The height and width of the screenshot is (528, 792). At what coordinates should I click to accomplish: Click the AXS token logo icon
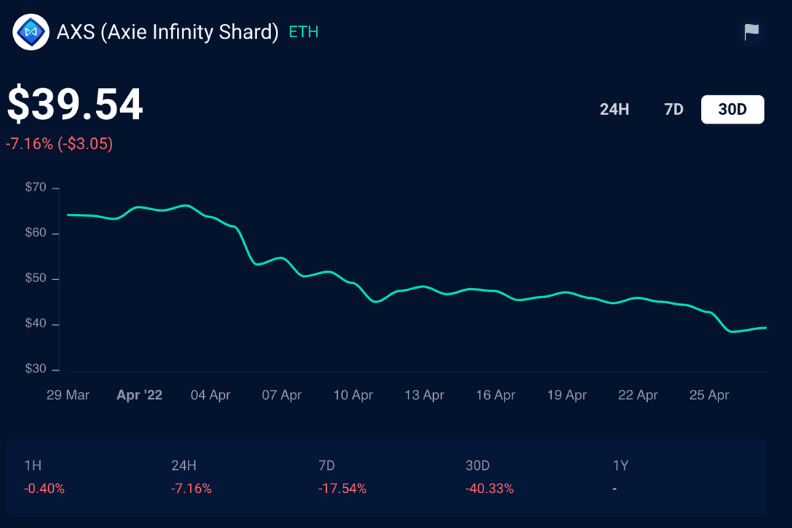tap(31, 33)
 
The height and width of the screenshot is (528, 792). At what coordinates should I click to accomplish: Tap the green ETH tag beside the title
tap(304, 33)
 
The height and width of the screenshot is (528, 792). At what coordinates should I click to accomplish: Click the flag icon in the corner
tap(751, 32)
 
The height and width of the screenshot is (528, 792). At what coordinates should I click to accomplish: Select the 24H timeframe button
tap(614, 110)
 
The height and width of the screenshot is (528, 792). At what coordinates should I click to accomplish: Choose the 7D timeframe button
tap(674, 110)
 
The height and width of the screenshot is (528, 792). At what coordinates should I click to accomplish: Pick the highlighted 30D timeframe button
tap(732, 110)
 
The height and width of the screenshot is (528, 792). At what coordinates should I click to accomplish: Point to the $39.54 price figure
tap(75, 105)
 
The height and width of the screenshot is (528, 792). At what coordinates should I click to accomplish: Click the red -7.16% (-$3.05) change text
tap(59, 144)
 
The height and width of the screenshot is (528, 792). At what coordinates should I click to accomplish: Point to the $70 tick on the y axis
tap(35, 188)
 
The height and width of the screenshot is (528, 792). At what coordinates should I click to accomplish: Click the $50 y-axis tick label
tap(35, 279)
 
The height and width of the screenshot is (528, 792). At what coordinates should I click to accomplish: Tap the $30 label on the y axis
tap(35, 369)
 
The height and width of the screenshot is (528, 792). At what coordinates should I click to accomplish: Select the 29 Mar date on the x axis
tap(68, 396)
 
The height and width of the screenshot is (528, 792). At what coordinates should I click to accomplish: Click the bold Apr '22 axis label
tap(139, 396)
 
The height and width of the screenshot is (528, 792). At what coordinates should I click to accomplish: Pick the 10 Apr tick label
tap(352, 396)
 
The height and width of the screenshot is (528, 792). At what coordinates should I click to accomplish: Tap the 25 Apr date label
tap(708, 396)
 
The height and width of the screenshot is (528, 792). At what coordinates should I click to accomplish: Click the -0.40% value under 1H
tap(44, 489)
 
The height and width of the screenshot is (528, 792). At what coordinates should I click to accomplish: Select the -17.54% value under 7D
tap(342, 489)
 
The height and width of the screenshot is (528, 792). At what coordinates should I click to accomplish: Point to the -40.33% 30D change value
tap(489, 489)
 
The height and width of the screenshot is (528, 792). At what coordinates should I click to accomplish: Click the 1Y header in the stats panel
tap(621, 465)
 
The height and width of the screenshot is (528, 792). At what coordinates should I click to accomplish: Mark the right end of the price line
tap(766, 327)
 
